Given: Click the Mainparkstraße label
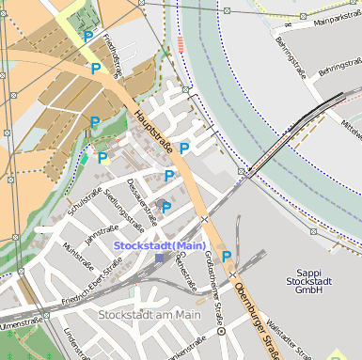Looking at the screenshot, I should (336, 18).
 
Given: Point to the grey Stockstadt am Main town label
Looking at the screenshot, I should (150, 315).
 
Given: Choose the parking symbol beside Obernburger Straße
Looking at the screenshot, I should (227, 256).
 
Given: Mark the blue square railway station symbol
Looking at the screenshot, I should (159, 258).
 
